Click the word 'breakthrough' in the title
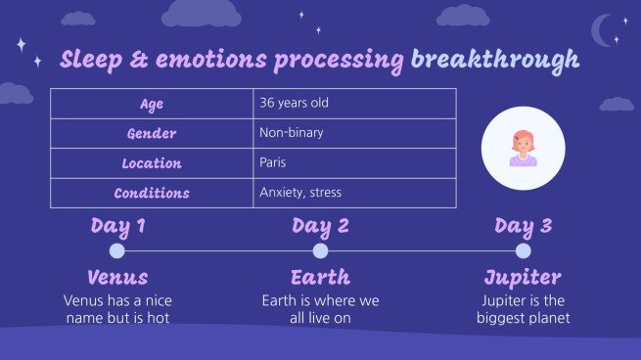click(x=494, y=60)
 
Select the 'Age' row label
click(x=152, y=104)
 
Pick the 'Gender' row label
click(x=152, y=133)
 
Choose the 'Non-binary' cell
click(x=291, y=133)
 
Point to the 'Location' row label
click(x=152, y=162)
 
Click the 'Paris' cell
click(x=273, y=162)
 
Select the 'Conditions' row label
click(x=152, y=193)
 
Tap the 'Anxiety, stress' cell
click(x=300, y=193)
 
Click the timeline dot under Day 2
click(x=320, y=251)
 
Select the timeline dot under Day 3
click(x=524, y=251)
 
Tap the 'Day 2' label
click(x=320, y=227)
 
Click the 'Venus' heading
click(x=117, y=277)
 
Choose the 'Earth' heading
click(x=320, y=277)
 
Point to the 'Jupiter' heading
click(x=524, y=277)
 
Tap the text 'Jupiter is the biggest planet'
click(x=524, y=309)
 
